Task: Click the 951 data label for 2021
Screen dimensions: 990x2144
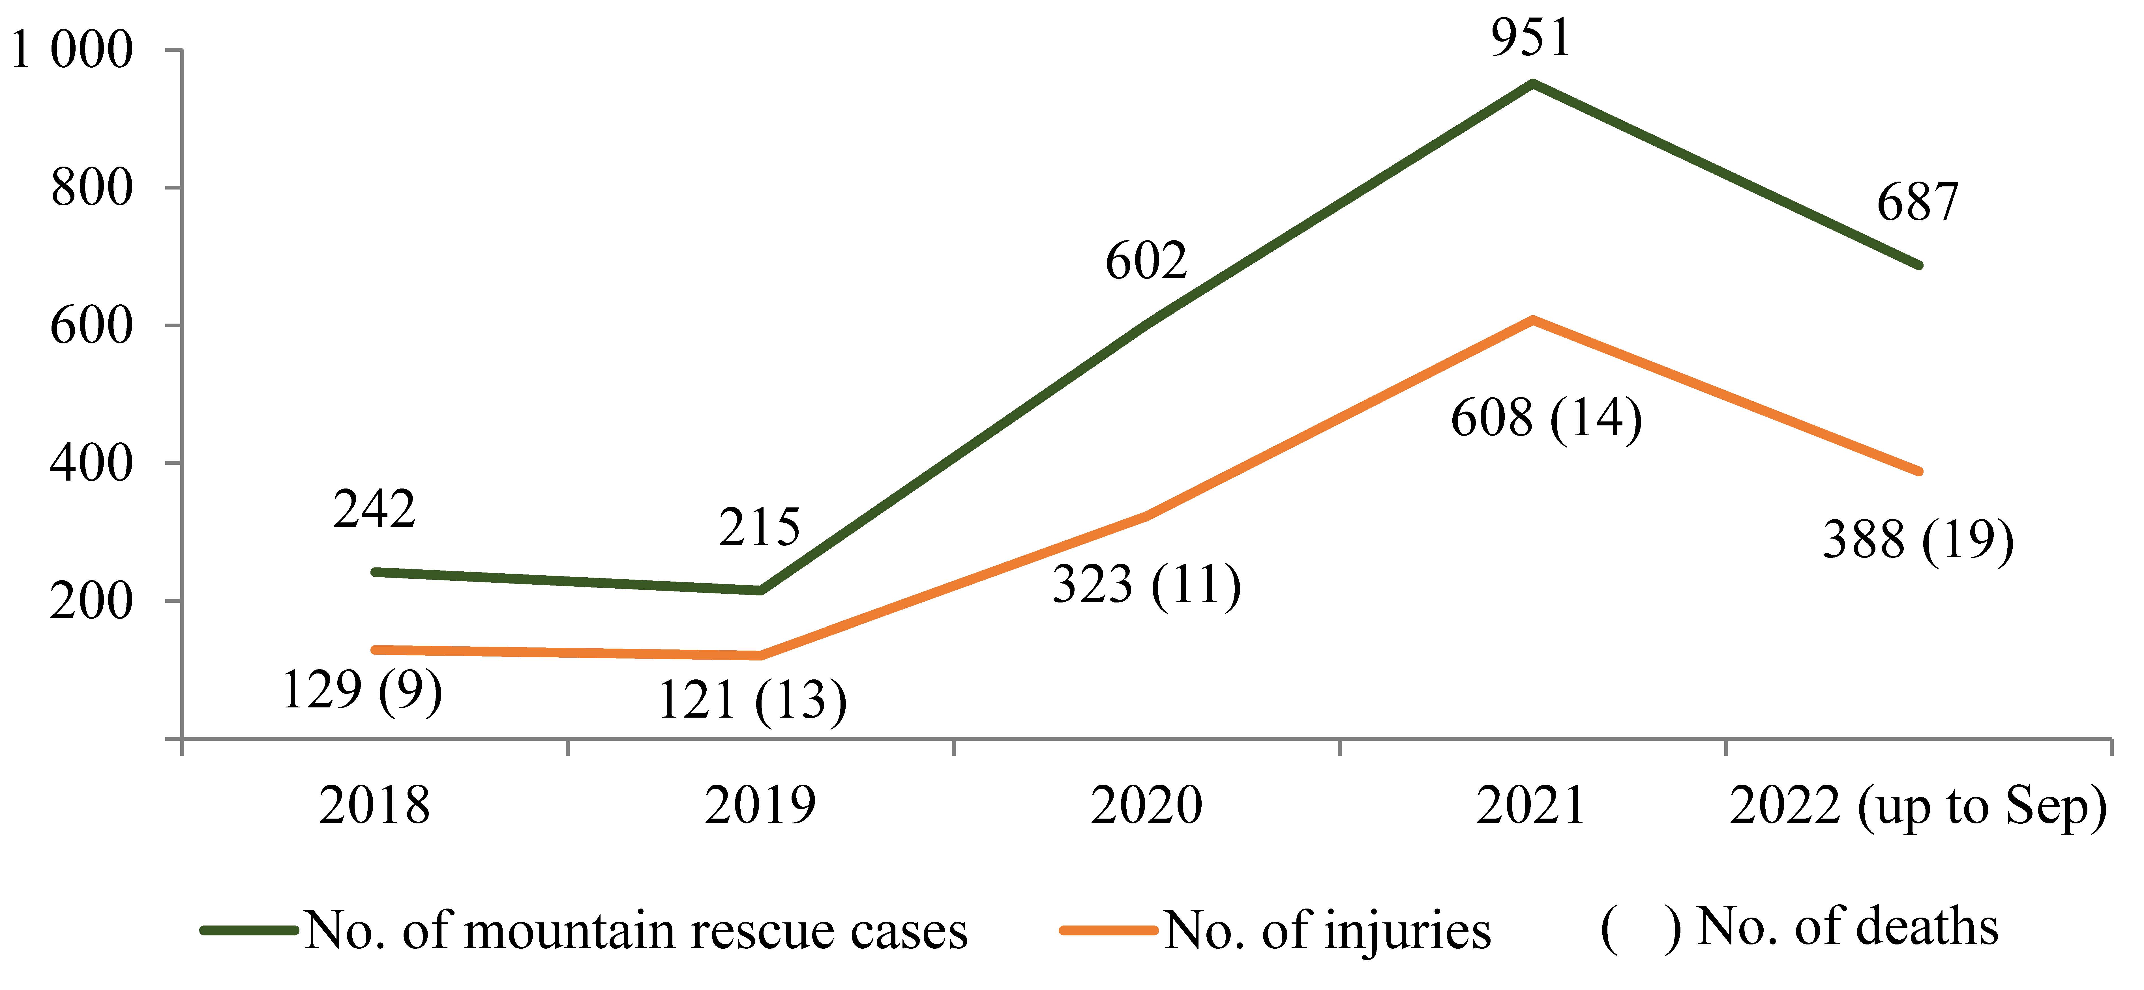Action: coord(1530,38)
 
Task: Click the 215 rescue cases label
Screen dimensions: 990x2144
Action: coord(759,528)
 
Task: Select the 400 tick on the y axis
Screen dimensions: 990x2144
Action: coord(92,463)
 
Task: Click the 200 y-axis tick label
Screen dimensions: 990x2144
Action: coord(92,601)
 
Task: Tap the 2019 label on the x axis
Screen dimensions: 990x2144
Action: coord(760,805)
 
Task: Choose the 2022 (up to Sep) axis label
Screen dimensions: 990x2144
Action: coord(1918,807)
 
